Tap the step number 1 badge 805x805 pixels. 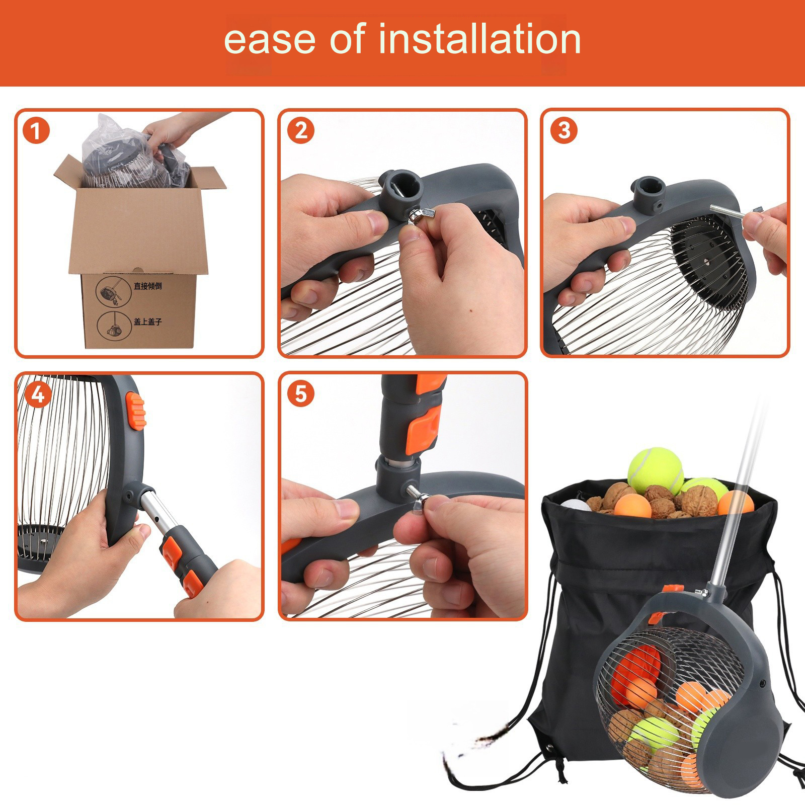(36, 131)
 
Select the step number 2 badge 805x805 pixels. (300, 131)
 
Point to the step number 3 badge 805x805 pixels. (564, 131)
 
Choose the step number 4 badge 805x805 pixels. (38, 394)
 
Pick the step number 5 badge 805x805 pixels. (300, 394)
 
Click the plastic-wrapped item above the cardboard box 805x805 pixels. (136, 153)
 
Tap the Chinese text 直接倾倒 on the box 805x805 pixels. (147, 286)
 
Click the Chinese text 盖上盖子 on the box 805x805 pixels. (147, 321)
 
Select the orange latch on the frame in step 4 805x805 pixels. (136, 411)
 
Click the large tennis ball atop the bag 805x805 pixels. (655, 470)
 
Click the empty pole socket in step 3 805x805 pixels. (649, 188)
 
